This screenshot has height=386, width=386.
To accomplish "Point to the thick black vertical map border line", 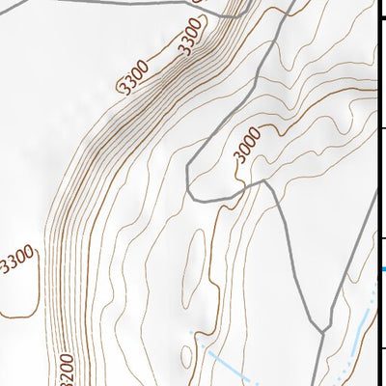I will click(x=376, y=145).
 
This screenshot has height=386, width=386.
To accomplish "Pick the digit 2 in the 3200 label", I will click(x=65, y=370).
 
